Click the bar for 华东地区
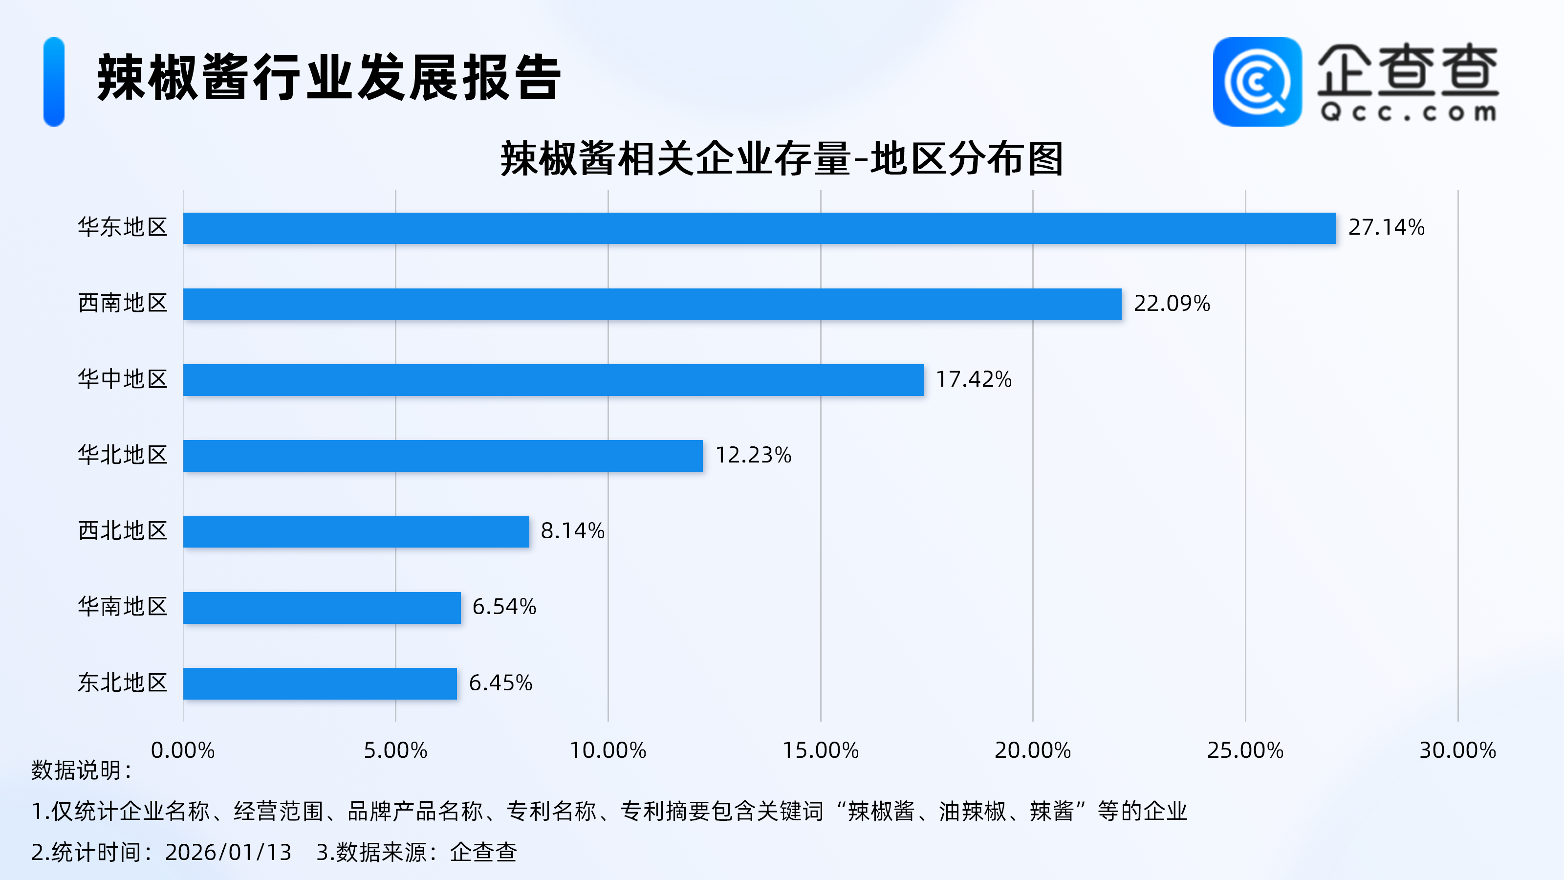(x=759, y=228)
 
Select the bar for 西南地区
(x=652, y=304)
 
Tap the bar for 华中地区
(x=553, y=380)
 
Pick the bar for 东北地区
(x=320, y=684)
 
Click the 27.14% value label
(x=1386, y=228)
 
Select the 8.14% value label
(x=572, y=531)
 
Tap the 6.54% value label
(x=504, y=607)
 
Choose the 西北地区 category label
(x=123, y=531)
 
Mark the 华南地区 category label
(x=123, y=607)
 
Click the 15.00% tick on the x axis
(x=820, y=750)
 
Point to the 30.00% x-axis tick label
(x=1457, y=750)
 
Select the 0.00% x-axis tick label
(x=183, y=750)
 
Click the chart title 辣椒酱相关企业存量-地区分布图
(x=782, y=159)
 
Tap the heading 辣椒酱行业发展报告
(x=329, y=78)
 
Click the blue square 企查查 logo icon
(x=1257, y=82)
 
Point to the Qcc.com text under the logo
(x=1408, y=113)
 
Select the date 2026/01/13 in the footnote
(x=228, y=853)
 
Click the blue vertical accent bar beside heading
(x=54, y=82)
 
